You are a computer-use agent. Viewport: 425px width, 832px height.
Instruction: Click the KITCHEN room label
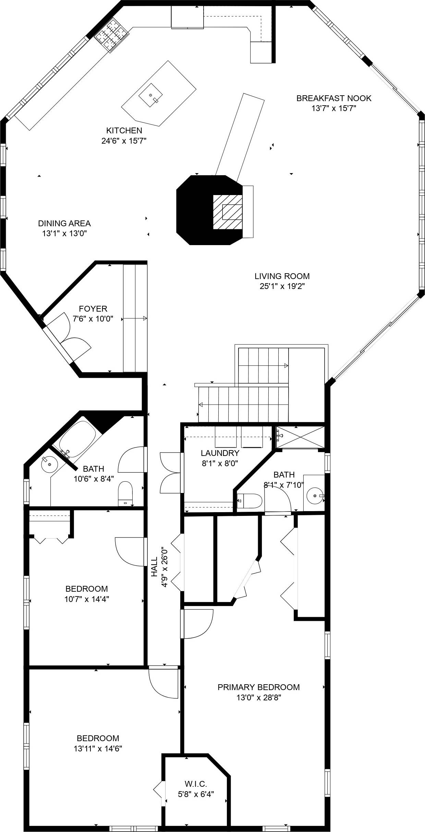coord(124,130)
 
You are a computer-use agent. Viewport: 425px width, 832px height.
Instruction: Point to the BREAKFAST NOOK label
coord(333,98)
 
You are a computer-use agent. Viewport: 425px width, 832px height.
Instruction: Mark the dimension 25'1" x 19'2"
coord(282,286)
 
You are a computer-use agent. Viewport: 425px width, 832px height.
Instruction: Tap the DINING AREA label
coord(64,224)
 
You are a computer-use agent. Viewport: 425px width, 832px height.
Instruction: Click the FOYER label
coord(93,309)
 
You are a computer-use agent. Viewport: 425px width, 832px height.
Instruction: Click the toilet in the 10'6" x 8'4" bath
coord(125,494)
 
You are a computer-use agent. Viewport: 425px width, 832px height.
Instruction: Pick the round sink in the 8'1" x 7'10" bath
coord(314,495)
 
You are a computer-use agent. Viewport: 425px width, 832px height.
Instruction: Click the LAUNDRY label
coord(220,453)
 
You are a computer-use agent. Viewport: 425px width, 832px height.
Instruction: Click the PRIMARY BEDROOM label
coord(258,687)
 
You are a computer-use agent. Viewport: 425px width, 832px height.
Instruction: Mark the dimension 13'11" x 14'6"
coord(98,748)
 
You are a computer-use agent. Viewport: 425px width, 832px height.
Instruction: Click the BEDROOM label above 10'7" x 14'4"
coord(86,589)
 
